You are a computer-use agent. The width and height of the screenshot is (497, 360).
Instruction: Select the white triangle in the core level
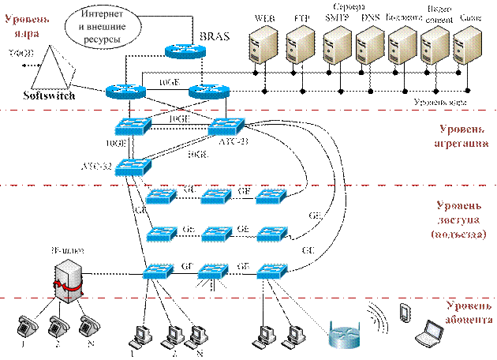48,69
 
